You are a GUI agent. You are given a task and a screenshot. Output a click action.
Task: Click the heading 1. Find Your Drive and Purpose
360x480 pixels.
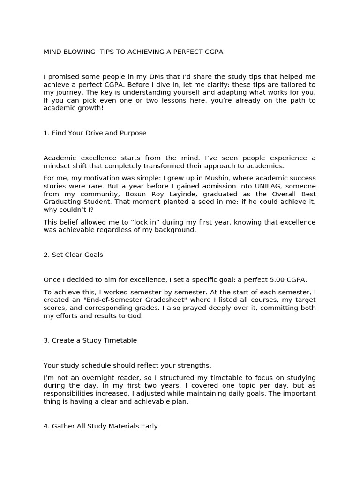click(95, 133)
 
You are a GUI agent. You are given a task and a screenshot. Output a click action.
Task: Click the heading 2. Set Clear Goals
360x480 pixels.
click(73, 255)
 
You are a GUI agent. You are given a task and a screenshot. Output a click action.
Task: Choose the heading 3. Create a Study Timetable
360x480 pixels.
click(90, 341)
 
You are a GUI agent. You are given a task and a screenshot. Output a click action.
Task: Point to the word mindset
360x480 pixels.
click(57, 166)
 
